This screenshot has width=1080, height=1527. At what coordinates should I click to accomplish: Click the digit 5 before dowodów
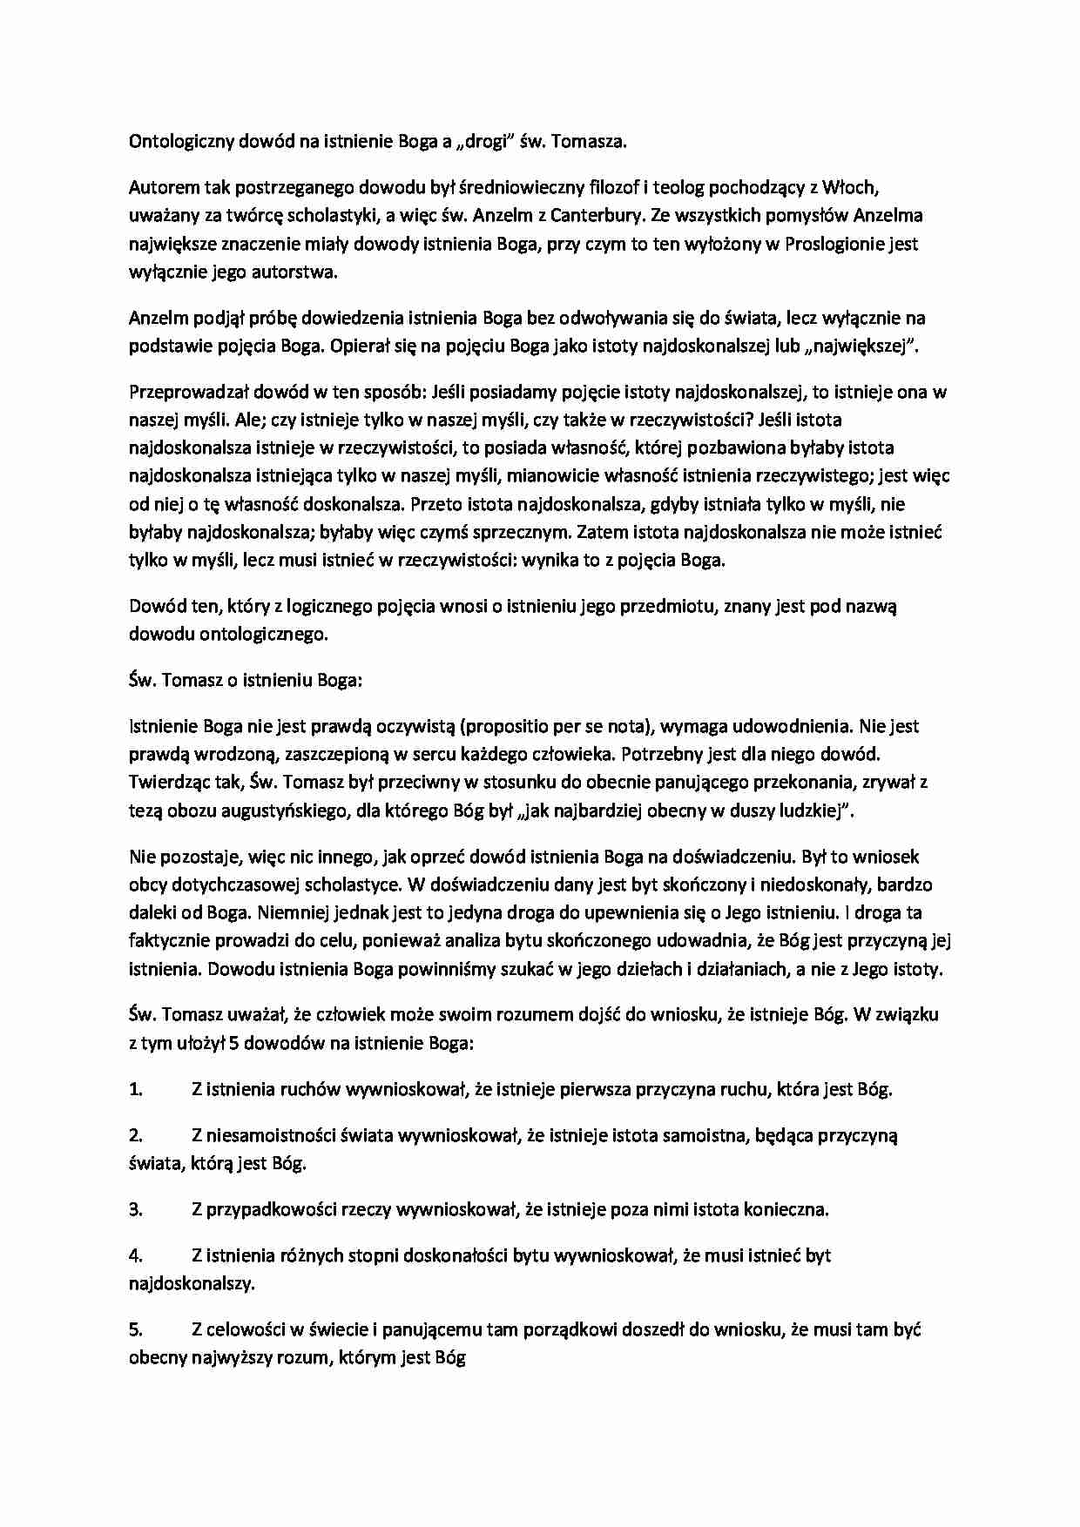(234, 1043)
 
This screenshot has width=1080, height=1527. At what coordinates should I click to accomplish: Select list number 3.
(135, 1209)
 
